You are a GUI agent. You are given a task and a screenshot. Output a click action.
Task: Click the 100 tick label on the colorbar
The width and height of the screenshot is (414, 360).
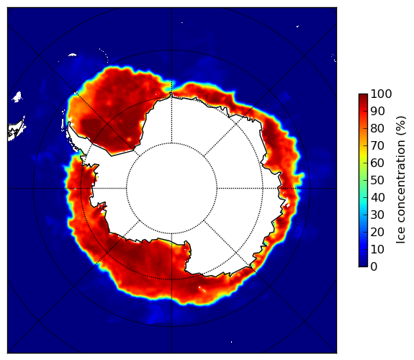(381, 94)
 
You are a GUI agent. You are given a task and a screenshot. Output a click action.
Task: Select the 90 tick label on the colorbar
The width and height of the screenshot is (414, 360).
(377, 111)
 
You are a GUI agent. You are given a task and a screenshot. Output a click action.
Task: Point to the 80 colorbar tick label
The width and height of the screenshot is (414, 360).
(377, 129)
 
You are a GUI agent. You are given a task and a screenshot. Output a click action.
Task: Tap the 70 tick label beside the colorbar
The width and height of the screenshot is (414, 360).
(377, 145)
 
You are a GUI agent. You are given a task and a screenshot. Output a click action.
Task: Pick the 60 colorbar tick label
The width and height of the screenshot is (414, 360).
(377, 163)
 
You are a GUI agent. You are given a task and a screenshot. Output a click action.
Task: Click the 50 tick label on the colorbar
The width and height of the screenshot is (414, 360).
(377, 181)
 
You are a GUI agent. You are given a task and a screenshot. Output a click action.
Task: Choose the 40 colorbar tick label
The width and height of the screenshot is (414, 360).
(377, 197)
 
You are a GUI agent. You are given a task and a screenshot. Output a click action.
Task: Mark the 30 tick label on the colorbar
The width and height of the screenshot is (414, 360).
(377, 215)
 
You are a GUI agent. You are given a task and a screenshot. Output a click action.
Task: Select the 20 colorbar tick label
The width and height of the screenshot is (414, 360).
(377, 232)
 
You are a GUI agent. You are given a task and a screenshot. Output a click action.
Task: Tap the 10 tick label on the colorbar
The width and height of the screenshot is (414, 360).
(377, 249)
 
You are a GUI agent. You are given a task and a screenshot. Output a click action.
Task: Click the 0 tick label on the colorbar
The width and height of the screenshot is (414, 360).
(374, 267)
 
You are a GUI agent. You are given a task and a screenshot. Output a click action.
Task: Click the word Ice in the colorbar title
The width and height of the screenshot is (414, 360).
(401, 237)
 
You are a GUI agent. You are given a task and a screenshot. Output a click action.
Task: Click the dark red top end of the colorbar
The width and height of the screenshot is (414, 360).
(363, 95)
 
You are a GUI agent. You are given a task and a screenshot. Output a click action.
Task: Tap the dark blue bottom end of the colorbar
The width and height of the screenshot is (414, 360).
(363, 265)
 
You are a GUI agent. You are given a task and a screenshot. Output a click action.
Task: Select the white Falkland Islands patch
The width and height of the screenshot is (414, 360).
(17, 96)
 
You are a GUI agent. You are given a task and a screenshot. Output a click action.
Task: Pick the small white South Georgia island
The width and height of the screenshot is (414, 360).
(72, 55)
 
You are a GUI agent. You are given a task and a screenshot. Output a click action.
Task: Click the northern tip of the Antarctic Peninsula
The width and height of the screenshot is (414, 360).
(69, 123)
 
